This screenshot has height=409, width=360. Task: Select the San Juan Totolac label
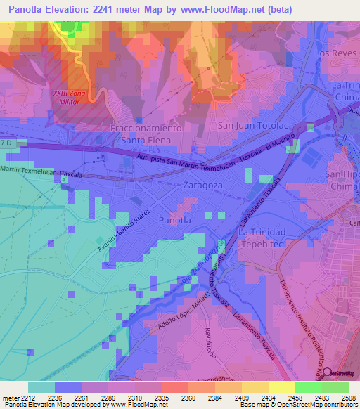[252, 125]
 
